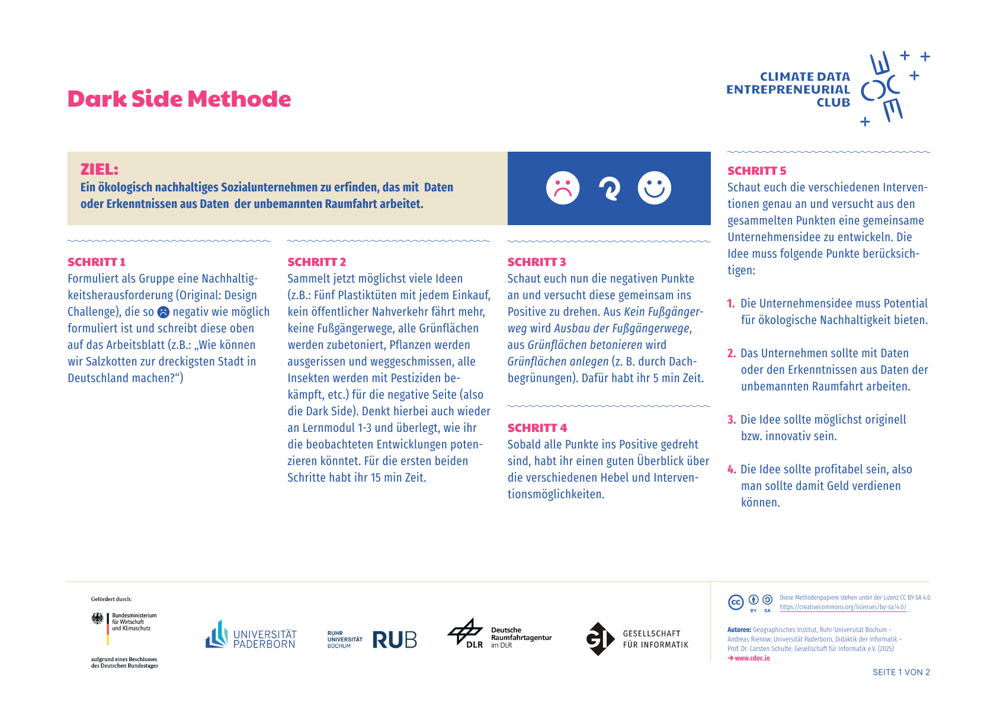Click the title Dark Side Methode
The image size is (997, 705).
179,99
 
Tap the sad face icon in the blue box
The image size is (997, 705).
562,188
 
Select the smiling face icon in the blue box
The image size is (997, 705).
654,188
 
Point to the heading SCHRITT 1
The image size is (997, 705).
97,262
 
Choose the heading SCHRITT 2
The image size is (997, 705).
316,262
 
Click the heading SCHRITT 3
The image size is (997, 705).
537,262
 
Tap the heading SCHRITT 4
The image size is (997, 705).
537,428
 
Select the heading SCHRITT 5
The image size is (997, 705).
756,171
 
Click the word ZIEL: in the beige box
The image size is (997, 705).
100,169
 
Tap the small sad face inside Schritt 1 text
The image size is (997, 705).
164,312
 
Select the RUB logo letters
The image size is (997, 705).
395,640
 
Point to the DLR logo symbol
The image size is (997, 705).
465,632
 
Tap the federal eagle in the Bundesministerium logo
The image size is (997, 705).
97,619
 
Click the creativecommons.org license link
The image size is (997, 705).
842,607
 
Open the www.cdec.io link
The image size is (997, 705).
752,658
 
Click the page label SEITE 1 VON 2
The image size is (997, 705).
901,672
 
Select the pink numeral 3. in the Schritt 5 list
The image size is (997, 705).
732,419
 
